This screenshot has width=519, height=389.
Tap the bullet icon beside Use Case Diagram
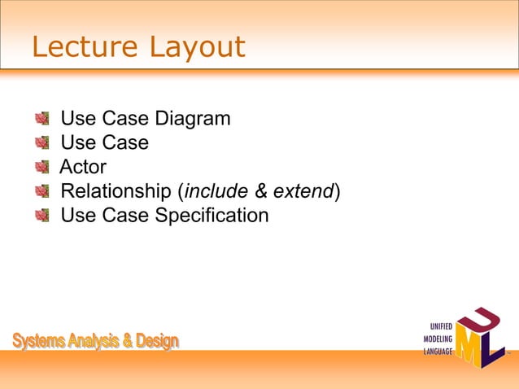(41, 120)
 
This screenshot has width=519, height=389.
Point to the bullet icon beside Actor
(41, 168)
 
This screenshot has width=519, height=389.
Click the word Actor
(83, 168)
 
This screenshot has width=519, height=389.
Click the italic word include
(216, 192)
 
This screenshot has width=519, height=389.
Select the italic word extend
(303, 192)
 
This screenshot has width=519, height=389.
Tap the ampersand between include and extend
(261, 192)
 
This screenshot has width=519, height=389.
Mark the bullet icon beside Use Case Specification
(41, 216)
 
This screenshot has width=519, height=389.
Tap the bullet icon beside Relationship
(41, 192)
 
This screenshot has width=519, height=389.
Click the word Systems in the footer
(40, 341)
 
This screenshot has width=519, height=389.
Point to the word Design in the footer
(157, 341)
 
